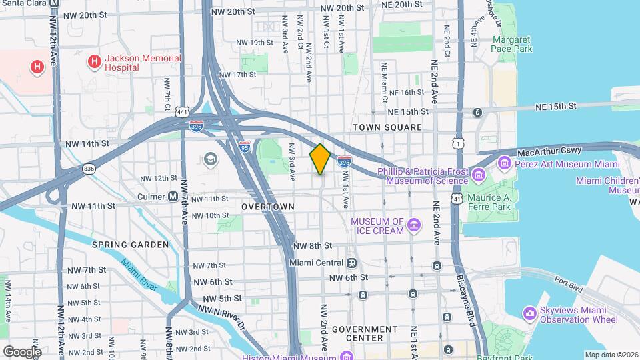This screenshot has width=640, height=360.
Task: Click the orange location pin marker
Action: coord(320,159)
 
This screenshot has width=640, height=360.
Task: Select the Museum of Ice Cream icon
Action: coord(415,226)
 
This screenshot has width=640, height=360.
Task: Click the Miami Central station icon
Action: coord(351,263)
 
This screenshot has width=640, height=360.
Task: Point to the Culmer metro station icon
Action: coord(173,197)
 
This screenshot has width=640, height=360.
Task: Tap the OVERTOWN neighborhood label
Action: coord(267,207)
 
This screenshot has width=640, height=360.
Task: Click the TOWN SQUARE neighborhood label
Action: coord(387,127)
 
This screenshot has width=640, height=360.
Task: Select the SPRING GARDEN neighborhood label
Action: coord(131,245)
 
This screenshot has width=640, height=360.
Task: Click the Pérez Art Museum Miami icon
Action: coord(503,163)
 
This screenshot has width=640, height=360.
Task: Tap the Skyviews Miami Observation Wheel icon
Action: coord(530,313)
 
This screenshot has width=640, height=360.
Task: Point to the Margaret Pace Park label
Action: coord(512,44)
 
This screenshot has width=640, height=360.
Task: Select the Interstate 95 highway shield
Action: coord(245,146)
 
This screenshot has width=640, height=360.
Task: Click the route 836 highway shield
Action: coord(89,169)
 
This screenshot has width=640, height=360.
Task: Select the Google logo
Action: coord(22,351)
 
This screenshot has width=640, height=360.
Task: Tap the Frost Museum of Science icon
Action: coord(478,175)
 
